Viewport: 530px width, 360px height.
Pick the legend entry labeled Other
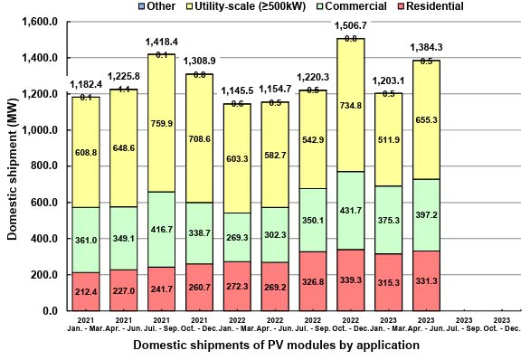(x=157, y=6)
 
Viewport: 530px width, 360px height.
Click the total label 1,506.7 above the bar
(x=349, y=27)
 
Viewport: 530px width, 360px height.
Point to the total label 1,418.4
(x=160, y=42)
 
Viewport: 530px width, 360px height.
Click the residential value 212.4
(x=86, y=292)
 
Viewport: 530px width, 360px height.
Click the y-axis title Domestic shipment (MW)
(x=12, y=168)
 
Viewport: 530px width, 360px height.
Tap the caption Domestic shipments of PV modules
(x=276, y=346)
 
